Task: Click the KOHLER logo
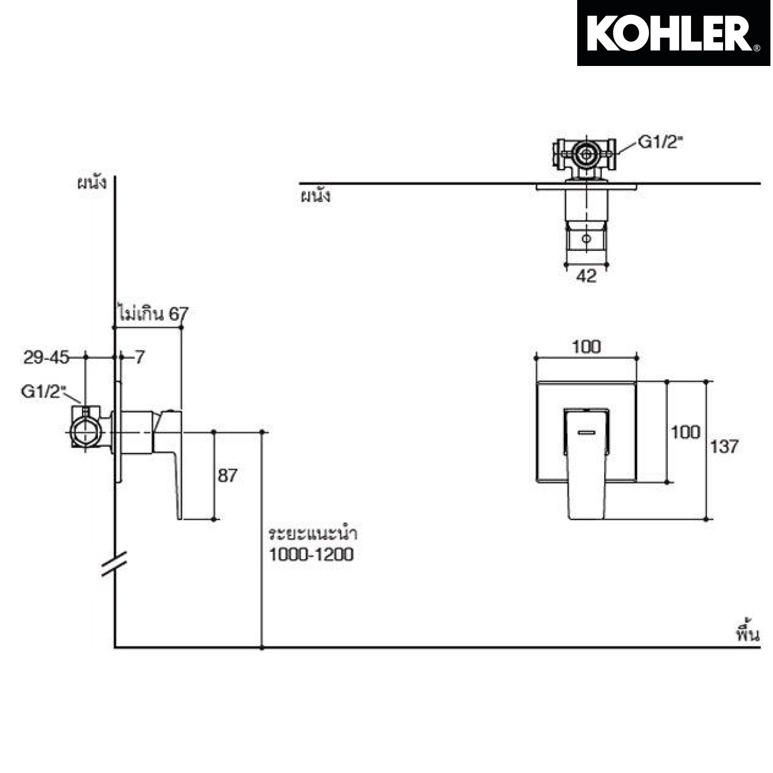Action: [674, 33]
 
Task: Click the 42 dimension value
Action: [586, 276]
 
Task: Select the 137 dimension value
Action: [724, 446]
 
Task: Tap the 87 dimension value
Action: [227, 475]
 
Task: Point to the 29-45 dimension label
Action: [46, 357]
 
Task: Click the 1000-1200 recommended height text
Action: [311, 554]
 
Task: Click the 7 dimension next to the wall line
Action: [140, 357]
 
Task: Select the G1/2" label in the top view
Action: [660, 142]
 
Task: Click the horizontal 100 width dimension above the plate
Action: [586, 347]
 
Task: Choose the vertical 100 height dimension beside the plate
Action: [685, 432]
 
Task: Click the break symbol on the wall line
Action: [114, 563]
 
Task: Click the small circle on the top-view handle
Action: [586, 239]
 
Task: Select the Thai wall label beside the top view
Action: [315, 196]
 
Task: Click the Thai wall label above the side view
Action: [92, 183]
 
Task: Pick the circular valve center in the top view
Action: [586, 154]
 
